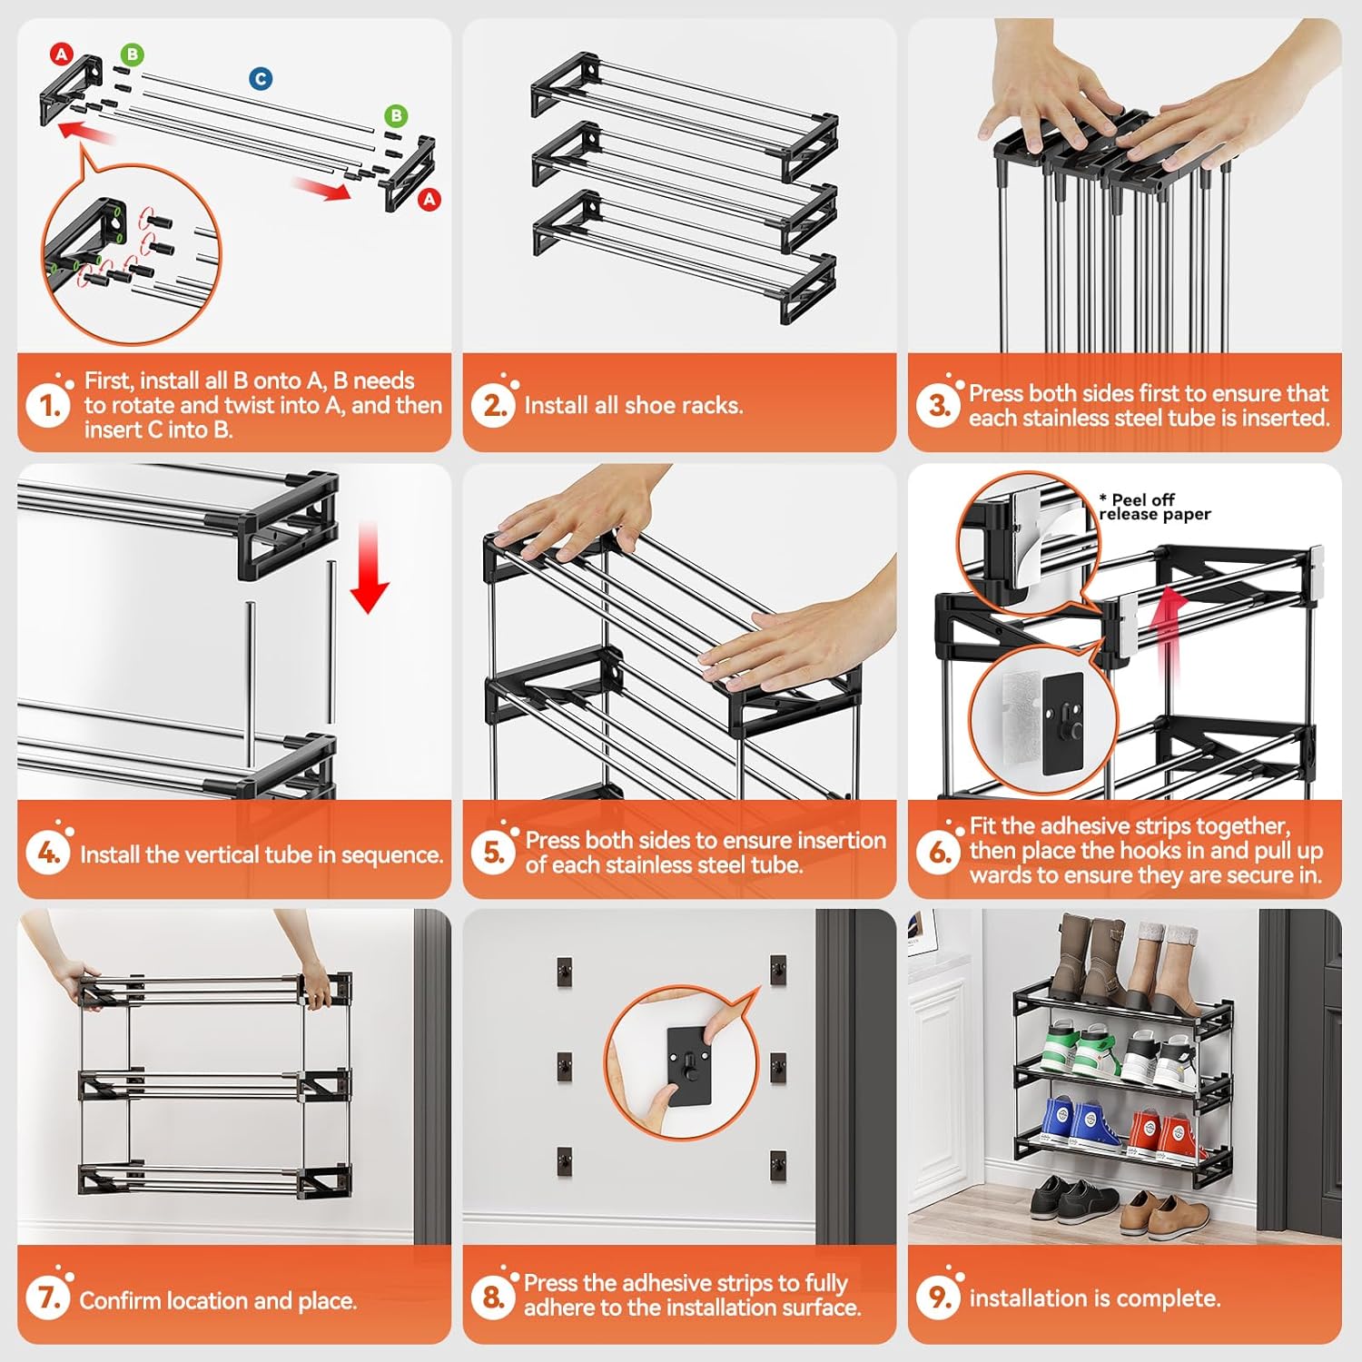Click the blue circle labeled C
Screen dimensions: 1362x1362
coord(261,79)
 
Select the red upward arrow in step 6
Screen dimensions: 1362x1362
coord(1174,627)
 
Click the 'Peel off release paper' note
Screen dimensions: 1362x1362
coord(1154,507)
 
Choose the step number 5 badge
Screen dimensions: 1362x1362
coord(493,853)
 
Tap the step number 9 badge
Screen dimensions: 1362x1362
coord(938,1298)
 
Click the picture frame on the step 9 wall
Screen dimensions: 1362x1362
coord(924,931)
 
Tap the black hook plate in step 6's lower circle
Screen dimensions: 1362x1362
coord(1062,723)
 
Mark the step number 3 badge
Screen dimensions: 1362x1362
coord(938,405)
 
